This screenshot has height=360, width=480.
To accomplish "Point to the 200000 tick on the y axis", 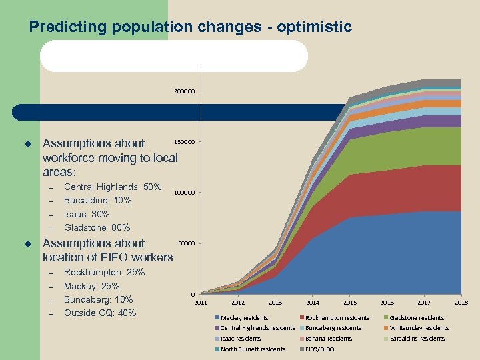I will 185,91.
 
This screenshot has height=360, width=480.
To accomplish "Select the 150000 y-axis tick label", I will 183,142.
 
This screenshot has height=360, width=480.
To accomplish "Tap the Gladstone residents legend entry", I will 417,318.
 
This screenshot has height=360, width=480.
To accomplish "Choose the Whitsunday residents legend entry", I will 419,328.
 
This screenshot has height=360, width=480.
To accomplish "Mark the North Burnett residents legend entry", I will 253,349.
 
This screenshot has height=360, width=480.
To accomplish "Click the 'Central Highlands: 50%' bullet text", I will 113,187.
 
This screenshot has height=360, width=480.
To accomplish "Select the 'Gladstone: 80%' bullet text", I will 97,227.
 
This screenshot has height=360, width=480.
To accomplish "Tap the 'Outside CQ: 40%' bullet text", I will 100,313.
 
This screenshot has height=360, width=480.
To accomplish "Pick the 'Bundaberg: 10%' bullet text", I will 99,299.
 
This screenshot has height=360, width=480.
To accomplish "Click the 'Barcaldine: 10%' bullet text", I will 97,200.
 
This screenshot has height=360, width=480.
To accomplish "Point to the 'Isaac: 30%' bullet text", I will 87,214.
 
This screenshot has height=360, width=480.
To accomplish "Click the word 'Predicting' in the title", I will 64,27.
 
